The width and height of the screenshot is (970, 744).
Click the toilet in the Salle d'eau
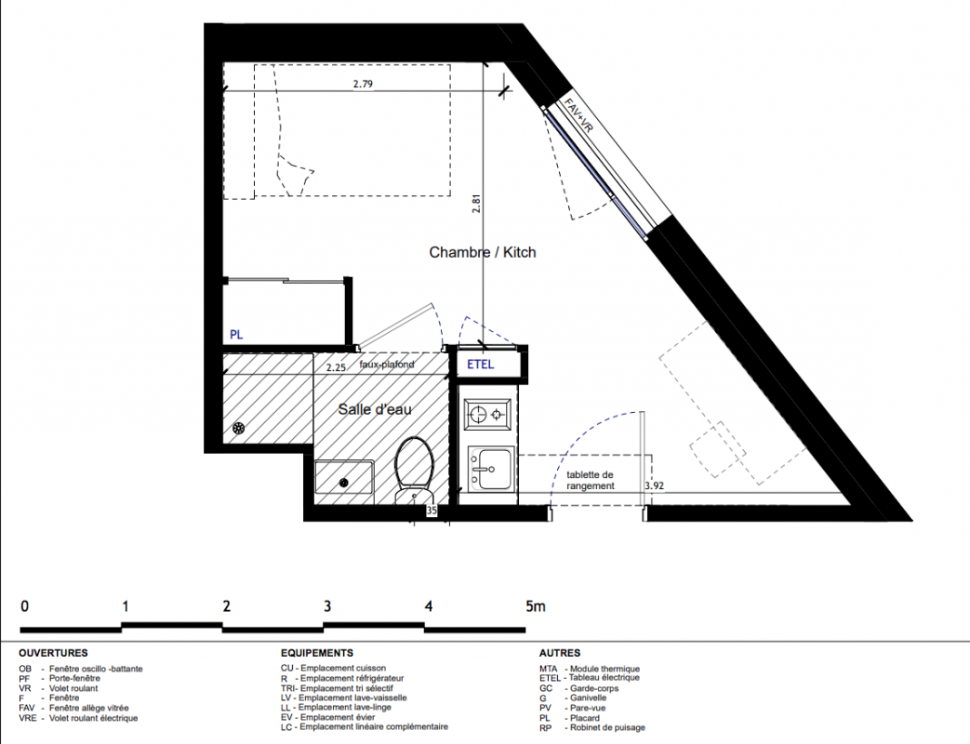coord(413,470)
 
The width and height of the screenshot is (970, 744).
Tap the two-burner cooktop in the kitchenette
coord(488,414)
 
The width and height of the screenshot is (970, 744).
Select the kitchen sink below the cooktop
coord(491,468)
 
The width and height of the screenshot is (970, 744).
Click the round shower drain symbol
coord(239,428)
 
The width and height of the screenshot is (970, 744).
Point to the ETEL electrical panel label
coord(481,365)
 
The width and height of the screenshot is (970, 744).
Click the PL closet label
coord(236,335)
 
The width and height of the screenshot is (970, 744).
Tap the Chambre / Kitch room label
coord(483,252)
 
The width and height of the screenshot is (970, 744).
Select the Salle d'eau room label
coord(375,409)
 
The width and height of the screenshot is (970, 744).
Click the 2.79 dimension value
coord(363,84)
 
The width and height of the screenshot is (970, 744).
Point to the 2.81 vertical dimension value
coord(476,204)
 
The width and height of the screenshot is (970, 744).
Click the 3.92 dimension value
coord(654,485)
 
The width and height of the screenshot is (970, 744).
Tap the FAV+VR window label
coord(578,115)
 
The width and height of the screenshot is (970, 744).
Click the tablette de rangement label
coord(591,481)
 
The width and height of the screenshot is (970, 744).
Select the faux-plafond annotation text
coord(387,365)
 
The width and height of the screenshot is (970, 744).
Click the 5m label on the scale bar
coord(536,606)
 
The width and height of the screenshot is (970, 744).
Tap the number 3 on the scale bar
coord(327,606)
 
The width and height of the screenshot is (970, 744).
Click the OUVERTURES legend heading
coord(53,653)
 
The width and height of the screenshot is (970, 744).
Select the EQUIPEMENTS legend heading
coord(317,653)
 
